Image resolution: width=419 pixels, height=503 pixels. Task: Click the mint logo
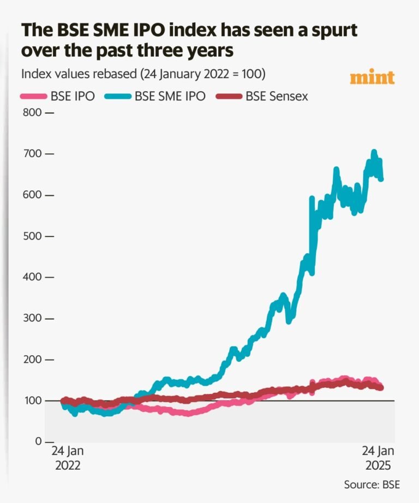372,77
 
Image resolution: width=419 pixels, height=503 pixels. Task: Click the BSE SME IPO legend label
170,97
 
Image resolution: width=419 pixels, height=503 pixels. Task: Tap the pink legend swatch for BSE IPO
32,97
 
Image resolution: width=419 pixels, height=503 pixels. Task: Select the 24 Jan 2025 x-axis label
377,459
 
